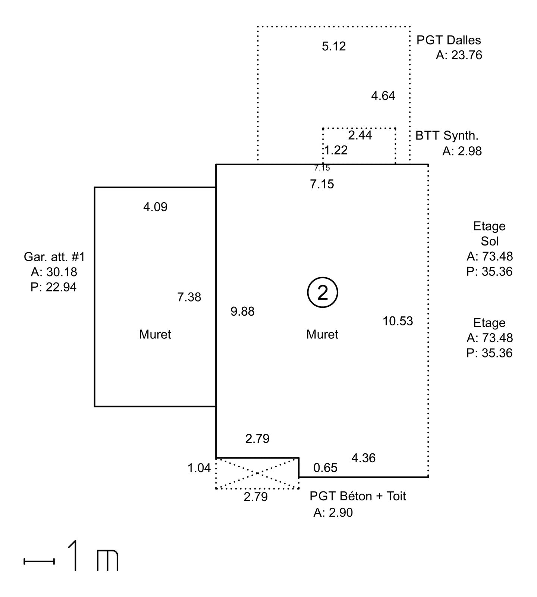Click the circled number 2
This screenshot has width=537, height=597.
(323, 293)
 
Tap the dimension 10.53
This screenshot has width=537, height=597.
(398, 321)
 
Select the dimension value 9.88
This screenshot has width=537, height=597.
(242, 311)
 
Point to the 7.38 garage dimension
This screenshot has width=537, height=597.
(189, 297)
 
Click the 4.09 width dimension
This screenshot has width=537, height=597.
(155, 207)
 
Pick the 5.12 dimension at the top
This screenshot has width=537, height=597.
(334, 46)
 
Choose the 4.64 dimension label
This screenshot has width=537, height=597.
(383, 96)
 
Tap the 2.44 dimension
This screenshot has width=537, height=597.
(360, 135)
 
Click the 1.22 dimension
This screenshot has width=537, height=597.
(336, 150)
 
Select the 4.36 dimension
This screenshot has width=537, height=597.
(363, 458)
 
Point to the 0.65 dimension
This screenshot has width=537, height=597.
(325, 468)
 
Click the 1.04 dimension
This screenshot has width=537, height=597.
(199, 468)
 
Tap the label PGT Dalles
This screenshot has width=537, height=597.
(449, 40)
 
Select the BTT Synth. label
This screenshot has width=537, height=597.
(447, 135)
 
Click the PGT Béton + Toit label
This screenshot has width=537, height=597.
(358, 496)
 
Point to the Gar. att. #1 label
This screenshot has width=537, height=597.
(54, 257)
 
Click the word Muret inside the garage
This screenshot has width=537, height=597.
(155, 334)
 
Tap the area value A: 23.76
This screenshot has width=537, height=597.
(459, 55)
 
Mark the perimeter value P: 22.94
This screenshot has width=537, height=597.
(54, 287)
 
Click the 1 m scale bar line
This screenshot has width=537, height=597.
(39, 561)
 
